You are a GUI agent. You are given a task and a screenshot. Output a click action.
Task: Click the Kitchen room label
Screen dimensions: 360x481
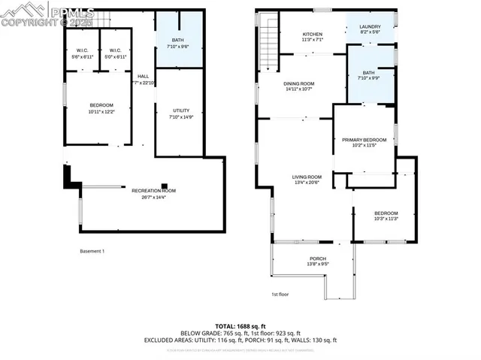point(312,35)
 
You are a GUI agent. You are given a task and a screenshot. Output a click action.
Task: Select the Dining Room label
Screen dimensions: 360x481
point(299,84)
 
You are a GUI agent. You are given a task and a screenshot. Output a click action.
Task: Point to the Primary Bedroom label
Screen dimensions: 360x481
point(364,140)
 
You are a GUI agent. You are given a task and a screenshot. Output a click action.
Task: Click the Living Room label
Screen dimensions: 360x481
point(307,177)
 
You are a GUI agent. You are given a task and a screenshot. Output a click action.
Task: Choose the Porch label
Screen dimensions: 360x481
point(318,260)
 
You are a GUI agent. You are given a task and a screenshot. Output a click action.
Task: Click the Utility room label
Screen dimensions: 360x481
point(181,110)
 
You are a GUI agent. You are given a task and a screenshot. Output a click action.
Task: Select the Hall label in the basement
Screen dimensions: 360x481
point(143,76)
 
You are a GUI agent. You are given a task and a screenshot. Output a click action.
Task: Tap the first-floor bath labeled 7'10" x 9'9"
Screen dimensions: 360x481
point(368,73)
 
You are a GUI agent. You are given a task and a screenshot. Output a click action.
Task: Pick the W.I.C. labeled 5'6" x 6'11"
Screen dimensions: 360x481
point(82,51)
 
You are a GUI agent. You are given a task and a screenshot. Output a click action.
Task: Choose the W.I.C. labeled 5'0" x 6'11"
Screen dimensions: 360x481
point(115,51)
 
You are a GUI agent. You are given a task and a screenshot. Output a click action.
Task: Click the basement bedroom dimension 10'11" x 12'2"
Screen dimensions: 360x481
point(101,111)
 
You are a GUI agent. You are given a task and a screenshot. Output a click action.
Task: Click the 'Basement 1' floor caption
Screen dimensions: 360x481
point(92,250)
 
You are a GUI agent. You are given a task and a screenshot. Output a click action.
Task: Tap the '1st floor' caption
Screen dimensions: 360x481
point(280,294)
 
